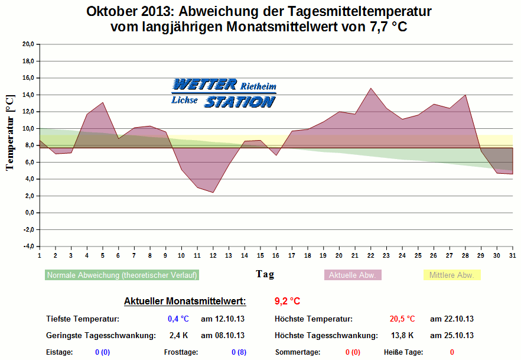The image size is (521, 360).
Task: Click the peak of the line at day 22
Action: pos(370,88)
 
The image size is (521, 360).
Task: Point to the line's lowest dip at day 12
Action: pos(213,192)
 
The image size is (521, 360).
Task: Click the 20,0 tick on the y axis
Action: pos(28,44)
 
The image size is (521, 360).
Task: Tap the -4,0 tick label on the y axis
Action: pos(28,247)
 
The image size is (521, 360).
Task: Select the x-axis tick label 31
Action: pos(512,255)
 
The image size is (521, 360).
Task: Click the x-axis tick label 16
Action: pos(276,255)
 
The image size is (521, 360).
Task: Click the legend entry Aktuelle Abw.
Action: pos(353,275)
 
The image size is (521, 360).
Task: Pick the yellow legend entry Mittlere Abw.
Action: pos(452,275)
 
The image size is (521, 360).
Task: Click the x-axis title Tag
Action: pos(265,274)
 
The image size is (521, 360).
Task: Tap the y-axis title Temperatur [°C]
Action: pos(9,132)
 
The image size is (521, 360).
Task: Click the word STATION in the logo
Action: pos(239,102)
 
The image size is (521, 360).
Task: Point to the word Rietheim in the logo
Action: pos(258,86)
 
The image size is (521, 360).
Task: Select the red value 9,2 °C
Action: pos(288,301)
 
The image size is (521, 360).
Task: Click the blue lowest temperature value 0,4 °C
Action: pos(178,319)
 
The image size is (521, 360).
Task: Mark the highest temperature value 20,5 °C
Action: pos(402,319)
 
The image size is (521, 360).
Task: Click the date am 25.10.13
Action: pos(452,336)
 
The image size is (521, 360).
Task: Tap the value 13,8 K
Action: pos(403,336)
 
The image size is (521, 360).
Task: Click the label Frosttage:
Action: pos(181,352)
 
